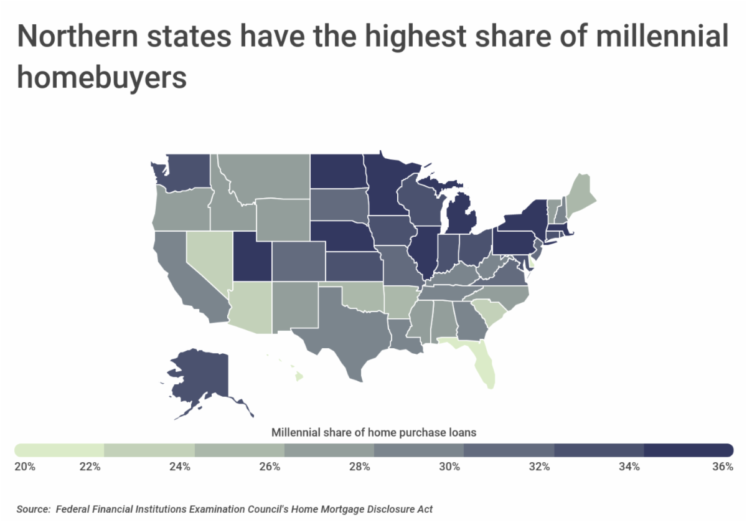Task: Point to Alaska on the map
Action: (x=199, y=374)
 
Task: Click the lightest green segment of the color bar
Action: (x=59, y=450)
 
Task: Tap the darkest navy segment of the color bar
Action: (x=688, y=450)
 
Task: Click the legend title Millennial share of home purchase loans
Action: (x=374, y=431)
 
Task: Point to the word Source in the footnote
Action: (x=32, y=509)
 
